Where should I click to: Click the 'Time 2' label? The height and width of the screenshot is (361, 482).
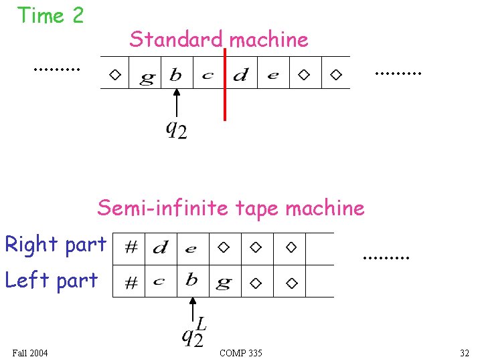50,15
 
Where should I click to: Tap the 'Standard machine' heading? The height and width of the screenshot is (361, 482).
219,39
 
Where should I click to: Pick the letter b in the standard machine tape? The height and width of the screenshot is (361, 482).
175,75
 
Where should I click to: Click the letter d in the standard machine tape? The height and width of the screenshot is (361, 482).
240,75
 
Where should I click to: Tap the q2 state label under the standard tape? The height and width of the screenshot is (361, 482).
176,129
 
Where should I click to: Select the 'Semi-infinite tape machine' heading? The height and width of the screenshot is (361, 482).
231,208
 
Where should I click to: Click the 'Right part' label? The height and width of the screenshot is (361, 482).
56,245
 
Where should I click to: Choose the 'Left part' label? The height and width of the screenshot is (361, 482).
52,280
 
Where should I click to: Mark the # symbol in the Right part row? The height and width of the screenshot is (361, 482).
131,249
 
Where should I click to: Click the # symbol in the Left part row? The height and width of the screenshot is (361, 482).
131,283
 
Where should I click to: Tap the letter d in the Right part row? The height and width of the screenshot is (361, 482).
160,249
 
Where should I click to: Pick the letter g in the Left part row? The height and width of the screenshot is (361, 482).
223,283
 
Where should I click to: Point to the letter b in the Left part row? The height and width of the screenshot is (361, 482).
191,280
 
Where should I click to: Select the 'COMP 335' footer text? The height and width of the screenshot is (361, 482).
241,353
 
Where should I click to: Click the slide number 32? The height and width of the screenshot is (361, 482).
465,353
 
